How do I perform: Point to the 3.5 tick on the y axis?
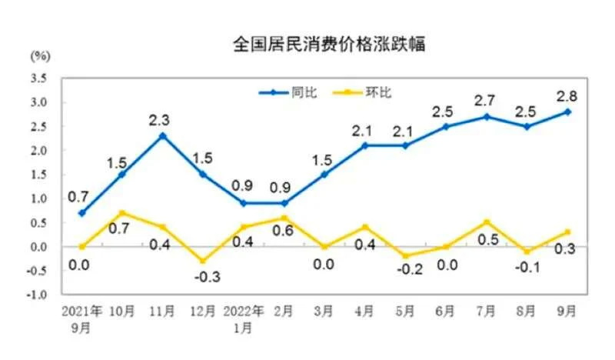pos(38,78)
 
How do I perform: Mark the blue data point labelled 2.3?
pos(161,135)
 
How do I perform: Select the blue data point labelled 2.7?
pos(487,116)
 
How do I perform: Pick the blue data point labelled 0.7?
pos(81,213)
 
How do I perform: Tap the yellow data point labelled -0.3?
pos(203,262)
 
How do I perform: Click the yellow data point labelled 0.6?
pos(284,218)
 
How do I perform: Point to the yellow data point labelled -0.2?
pos(405,256)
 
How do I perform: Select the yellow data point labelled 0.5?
pos(487,222)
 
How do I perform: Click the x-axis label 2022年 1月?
pos(243,318)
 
